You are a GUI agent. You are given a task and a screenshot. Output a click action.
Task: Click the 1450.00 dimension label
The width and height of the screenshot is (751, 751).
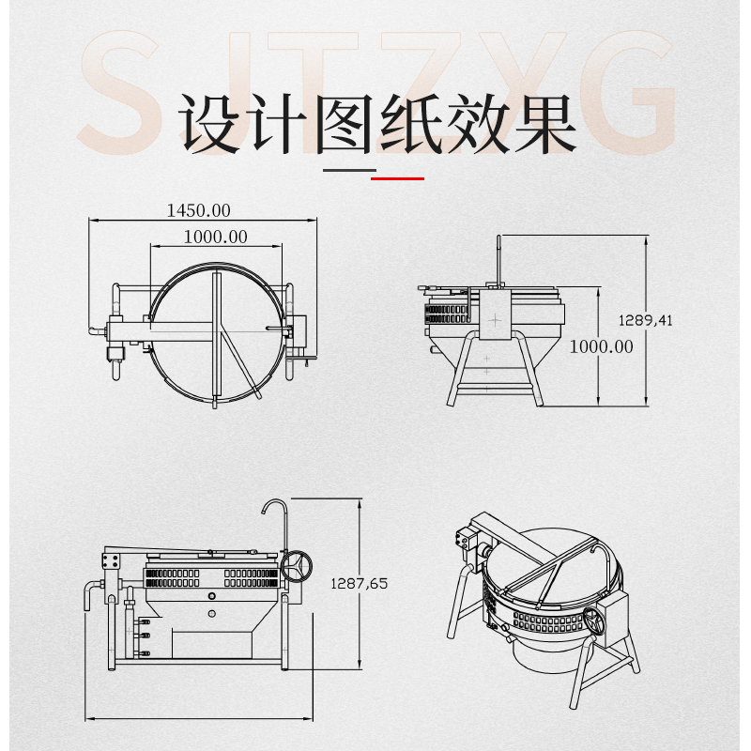tap(198, 210)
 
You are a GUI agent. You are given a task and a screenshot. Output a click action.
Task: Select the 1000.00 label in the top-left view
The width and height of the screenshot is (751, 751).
tap(216, 237)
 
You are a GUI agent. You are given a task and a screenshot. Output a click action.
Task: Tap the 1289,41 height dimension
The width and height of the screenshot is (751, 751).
tap(646, 320)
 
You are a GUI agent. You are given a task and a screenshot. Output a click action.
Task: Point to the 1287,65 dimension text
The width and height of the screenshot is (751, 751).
tap(360, 583)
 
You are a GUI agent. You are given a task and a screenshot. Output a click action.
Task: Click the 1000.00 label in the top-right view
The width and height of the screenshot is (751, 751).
tap(602, 346)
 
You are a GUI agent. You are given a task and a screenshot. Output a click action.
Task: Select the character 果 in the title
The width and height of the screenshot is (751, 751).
tap(542, 123)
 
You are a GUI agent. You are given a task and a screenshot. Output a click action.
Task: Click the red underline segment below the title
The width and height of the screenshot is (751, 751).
tap(398, 176)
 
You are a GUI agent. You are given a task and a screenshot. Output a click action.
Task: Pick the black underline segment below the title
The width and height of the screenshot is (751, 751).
tap(348, 171)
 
